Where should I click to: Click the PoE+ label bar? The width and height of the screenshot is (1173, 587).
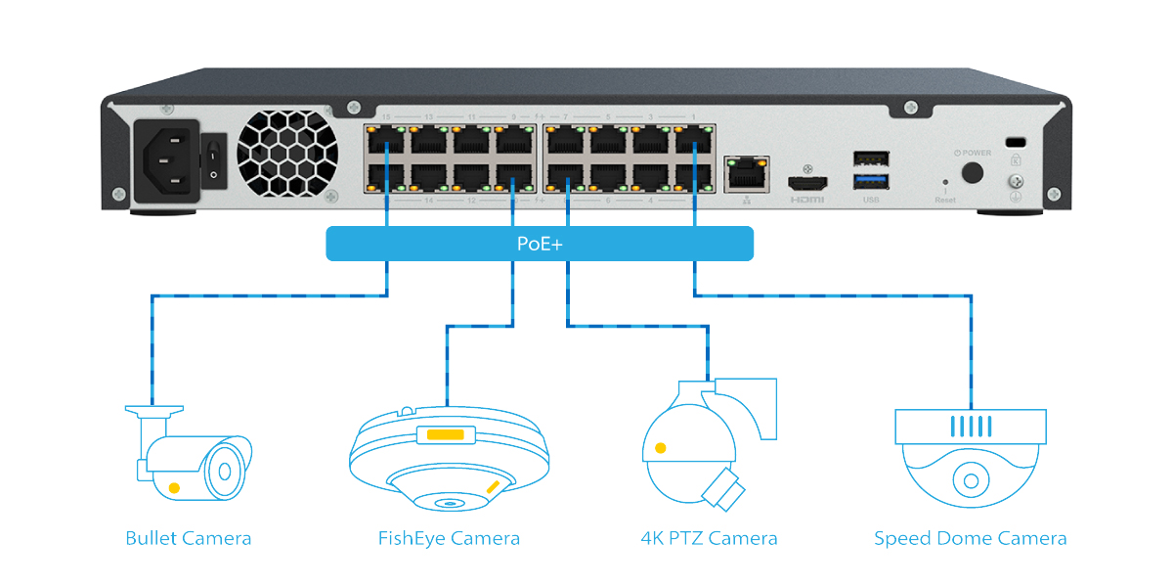(x=540, y=244)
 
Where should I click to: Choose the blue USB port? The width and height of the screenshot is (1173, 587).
(x=871, y=180)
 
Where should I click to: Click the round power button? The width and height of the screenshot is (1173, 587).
(x=972, y=172)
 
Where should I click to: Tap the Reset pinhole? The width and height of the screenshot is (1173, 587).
(x=944, y=182)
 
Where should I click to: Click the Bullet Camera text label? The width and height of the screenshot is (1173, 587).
(x=189, y=538)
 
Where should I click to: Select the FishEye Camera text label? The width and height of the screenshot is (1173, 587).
(x=449, y=538)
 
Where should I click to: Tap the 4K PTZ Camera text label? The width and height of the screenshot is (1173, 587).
(x=709, y=538)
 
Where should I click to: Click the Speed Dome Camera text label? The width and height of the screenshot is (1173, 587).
(x=970, y=538)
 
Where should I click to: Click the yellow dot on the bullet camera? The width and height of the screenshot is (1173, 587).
(x=174, y=486)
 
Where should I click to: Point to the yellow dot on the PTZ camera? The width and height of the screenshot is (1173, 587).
(x=661, y=448)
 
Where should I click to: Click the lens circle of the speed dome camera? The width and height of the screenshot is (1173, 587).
(x=971, y=482)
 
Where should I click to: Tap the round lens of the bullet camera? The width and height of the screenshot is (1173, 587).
(x=225, y=471)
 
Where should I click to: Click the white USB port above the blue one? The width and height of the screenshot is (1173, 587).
(x=871, y=158)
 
